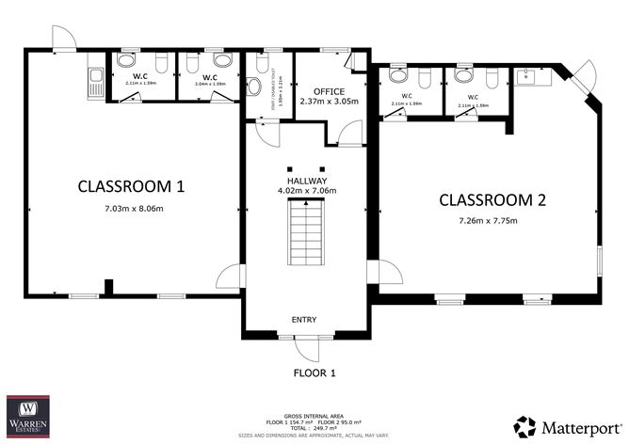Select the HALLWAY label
[x=306, y=180]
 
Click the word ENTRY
[x=304, y=320]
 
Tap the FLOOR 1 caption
[x=314, y=373]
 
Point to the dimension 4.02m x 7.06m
[x=306, y=191]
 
